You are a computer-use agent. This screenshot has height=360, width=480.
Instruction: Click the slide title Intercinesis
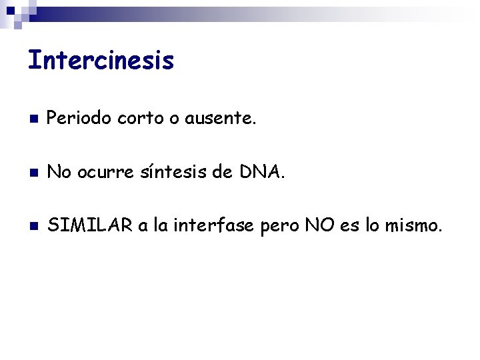click(101, 61)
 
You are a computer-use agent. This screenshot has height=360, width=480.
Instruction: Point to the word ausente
click(219, 119)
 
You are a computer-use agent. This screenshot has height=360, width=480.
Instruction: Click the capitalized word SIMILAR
click(91, 227)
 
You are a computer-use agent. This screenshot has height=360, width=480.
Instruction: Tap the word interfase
click(213, 227)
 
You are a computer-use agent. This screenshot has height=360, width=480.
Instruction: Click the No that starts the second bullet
click(59, 173)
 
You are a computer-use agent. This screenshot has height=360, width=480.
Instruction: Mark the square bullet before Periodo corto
click(32, 120)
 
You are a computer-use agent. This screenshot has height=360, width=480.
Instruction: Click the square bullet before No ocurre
click(32, 174)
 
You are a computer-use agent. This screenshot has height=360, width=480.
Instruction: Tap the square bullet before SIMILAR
click(32, 227)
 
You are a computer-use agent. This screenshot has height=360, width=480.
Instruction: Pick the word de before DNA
click(221, 173)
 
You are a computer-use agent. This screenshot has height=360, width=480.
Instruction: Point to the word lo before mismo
click(375, 227)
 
